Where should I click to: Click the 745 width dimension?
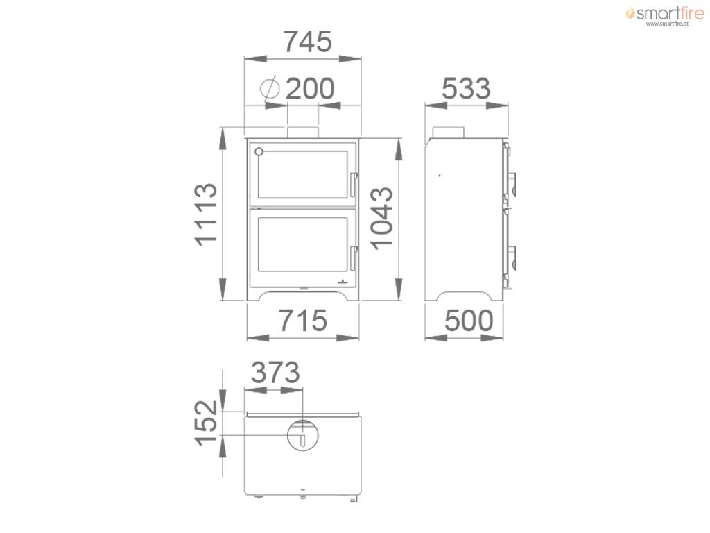(x=307, y=42)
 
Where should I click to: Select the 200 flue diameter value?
(x=310, y=89)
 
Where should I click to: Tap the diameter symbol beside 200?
(x=270, y=87)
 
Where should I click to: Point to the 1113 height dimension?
(x=206, y=214)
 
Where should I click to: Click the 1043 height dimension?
(x=382, y=217)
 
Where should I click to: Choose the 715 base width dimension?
(x=302, y=321)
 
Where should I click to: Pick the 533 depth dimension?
(x=466, y=88)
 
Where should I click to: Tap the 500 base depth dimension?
(x=469, y=321)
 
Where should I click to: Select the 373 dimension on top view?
(x=275, y=373)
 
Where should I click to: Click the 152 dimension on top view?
(x=206, y=423)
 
